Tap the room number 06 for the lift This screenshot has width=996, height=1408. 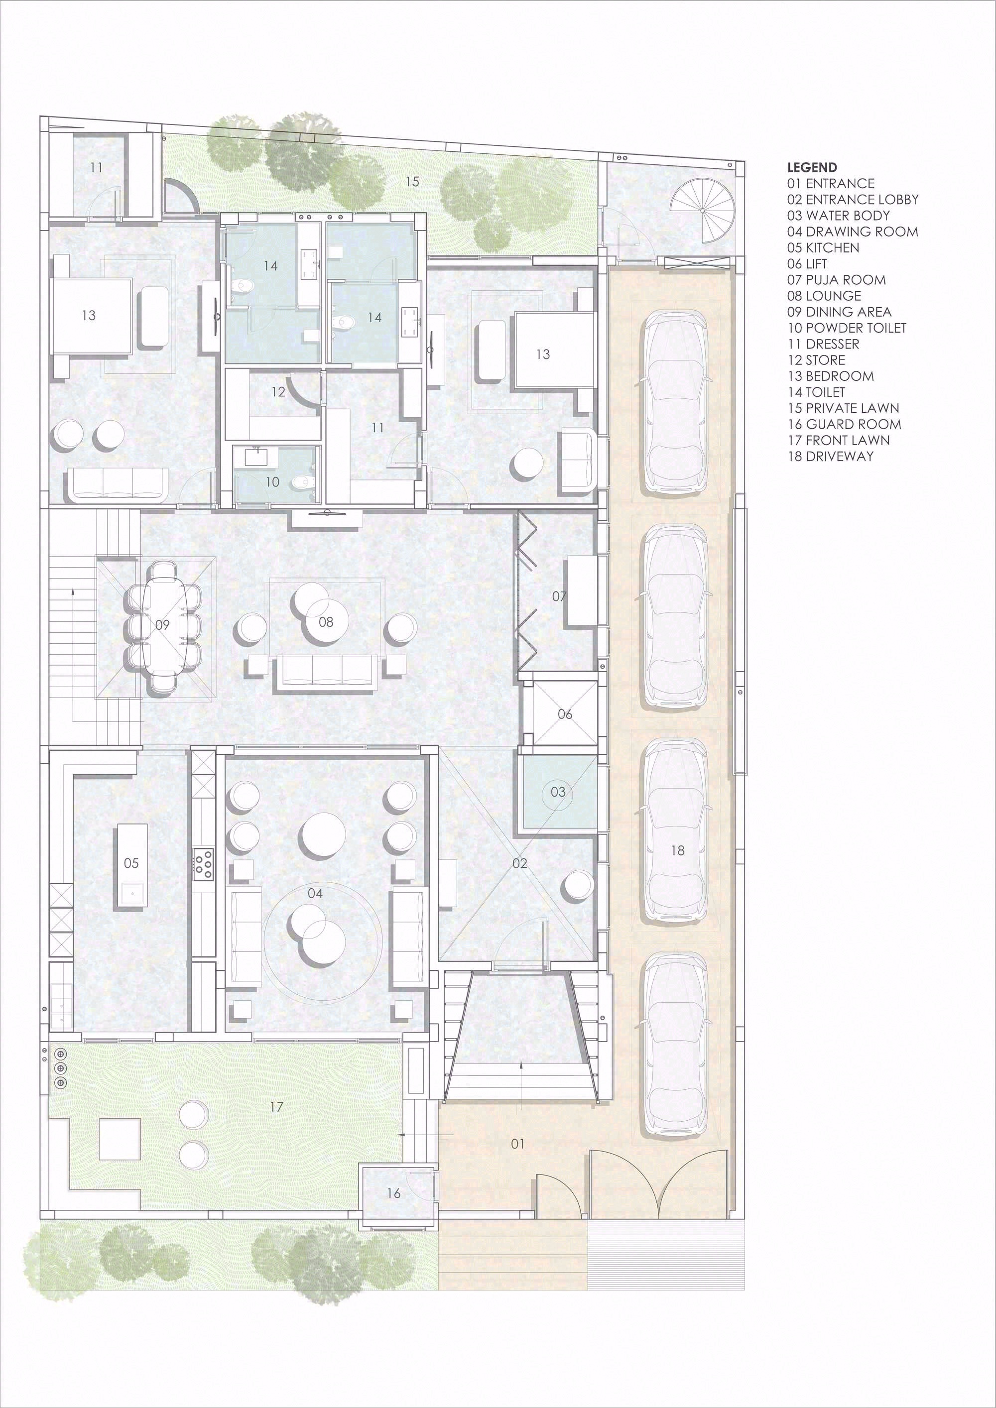(x=565, y=714)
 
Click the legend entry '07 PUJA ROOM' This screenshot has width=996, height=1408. (x=837, y=280)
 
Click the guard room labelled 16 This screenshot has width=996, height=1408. (x=394, y=1193)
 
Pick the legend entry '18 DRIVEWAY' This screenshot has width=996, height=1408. (x=830, y=456)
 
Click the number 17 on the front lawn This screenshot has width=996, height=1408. (x=276, y=1107)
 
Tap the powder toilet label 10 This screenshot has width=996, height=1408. (x=272, y=482)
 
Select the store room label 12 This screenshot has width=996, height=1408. (x=278, y=392)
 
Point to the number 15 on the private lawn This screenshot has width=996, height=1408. (x=412, y=182)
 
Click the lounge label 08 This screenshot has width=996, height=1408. (x=326, y=622)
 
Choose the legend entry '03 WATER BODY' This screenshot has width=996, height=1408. (x=838, y=215)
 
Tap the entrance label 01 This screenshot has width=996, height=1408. (x=517, y=1144)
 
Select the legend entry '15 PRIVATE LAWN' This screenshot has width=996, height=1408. (x=843, y=408)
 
